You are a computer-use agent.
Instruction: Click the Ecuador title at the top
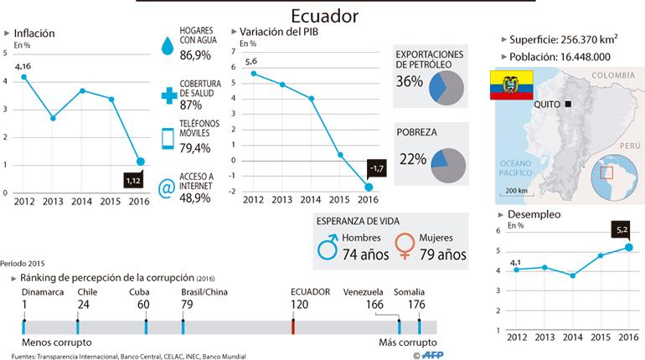point(324,16)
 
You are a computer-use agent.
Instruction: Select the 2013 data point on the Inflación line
point(53,118)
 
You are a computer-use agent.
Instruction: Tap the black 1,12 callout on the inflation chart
point(133,180)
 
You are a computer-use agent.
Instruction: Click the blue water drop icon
point(168,45)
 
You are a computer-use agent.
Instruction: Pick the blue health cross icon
point(168,95)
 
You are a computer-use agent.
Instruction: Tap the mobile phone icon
point(168,138)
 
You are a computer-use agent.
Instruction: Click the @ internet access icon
point(167,188)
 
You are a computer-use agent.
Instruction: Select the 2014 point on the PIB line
point(311,99)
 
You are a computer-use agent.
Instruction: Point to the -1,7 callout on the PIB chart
point(377,168)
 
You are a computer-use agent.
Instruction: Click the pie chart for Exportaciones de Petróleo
point(446,88)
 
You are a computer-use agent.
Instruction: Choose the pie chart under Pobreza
point(448,166)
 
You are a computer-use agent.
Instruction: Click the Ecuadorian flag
point(511,85)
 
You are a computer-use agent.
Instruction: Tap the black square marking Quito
point(568,105)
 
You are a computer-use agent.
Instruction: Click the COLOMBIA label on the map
point(613,75)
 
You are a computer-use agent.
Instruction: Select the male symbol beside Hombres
point(328,247)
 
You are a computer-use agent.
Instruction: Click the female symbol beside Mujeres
point(405,246)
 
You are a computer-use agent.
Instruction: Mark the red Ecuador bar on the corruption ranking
point(293,327)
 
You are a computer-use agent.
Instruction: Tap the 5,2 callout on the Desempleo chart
point(622,230)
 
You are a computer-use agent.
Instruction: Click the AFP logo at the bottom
point(432,355)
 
